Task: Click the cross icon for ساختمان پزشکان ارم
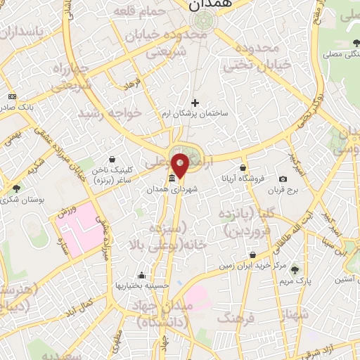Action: [x=195, y=103]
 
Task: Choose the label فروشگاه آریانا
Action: [x=243, y=179]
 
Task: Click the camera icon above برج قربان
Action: [x=283, y=179]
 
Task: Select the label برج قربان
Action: [x=286, y=190]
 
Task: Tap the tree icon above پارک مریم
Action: [x=296, y=269]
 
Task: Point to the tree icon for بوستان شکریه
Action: [x=16, y=188]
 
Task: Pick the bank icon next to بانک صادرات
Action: [x=12, y=96]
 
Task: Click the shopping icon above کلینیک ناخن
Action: [x=113, y=160]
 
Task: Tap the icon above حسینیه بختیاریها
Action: [x=143, y=276]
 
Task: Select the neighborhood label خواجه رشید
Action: [x=110, y=112]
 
